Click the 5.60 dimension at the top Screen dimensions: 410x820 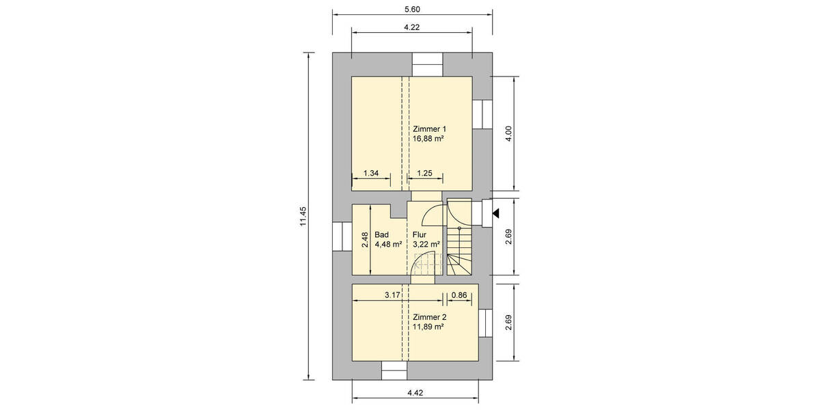(x=411, y=9)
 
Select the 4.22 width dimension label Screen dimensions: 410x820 (x=411, y=27)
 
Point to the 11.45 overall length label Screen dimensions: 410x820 (x=303, y=217)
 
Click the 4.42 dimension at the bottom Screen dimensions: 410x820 (x=415, y=393)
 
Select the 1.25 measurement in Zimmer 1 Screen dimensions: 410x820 (x=424, y=174)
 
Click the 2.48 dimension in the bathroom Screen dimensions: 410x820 (x=365, y=240)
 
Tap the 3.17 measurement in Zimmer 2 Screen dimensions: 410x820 (x=392, y=295)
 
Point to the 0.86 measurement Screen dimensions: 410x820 (x=459, y=295)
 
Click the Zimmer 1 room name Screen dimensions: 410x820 (x=429, y=128)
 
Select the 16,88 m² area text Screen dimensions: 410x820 (x=428, y=139)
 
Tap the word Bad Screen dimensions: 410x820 (x=381, y=234)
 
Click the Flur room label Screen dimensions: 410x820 (x=420, y=234)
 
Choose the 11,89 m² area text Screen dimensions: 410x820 (x=428, y=327)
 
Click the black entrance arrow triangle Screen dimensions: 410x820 (x=497, y=214)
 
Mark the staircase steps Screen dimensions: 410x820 (x=460, y=249)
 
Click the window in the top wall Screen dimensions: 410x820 (x=428, y=64)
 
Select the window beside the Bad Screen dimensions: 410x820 (x=342, y=237)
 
